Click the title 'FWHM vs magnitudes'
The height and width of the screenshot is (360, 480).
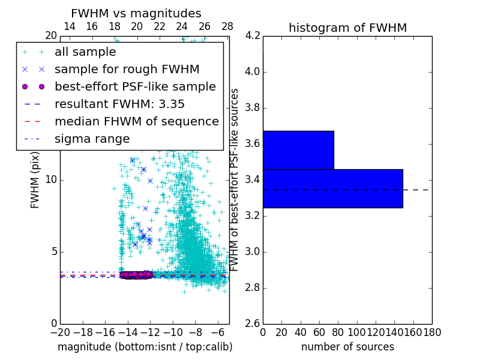coord(136,13)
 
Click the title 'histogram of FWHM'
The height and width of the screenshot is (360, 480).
coord(347,28)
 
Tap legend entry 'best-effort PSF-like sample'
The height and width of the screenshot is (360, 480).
coord(135,86)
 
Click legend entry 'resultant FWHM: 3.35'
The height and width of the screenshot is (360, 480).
coord(119,104)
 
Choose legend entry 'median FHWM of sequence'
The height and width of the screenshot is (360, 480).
coord(136,121)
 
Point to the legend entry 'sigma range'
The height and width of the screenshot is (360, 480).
coord(92,139)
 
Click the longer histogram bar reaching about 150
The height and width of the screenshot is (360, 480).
coord(332,188)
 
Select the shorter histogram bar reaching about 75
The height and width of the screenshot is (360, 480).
coord(298,150)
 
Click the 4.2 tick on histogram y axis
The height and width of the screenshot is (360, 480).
coord(253,36)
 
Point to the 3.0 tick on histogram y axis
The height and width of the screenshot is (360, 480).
coord(253,251)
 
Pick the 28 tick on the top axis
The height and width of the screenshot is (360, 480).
coord(227,26)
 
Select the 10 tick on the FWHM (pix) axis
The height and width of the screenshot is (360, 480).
coord(51,180)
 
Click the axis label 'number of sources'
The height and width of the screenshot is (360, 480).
coord(347,347)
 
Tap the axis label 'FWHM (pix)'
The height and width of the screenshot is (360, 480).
coord(35,180)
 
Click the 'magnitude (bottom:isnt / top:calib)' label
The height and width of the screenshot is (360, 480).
coord(145,347)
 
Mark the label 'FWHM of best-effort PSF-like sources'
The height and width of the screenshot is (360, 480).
coord(235,180)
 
